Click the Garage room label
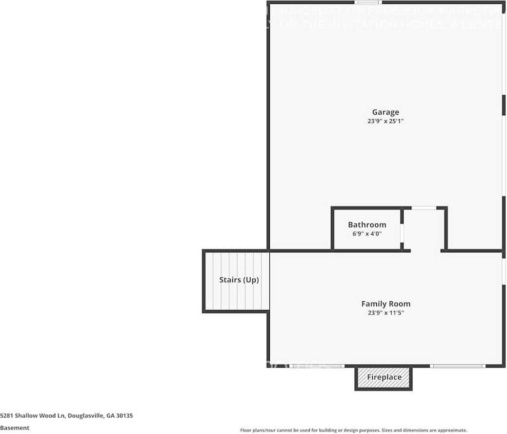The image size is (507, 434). tap(385, 112)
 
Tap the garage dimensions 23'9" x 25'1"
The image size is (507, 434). tap(385, 121)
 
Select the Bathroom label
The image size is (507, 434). tap(367, 225)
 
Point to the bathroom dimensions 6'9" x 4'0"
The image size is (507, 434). tap(367, 234)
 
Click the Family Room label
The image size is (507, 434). tap(385, 304)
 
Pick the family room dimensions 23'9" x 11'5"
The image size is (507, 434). tap(385, 313)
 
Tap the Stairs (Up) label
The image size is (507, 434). tap(239, 280)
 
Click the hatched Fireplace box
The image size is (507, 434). tap(384, 377)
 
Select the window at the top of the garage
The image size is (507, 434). tap(368, 2)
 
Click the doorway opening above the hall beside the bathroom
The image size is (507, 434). tap(424, 208)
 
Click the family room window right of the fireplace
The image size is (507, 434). tap(457, 366)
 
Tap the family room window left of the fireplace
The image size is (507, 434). tap(317, 366)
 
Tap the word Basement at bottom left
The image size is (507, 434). tap(15, 428)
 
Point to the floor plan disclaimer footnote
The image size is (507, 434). tap(353, 430)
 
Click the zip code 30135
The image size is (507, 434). tap(124, 416)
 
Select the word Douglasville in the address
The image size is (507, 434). tap(85, 416)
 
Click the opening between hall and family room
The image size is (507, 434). tap(426, 251)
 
